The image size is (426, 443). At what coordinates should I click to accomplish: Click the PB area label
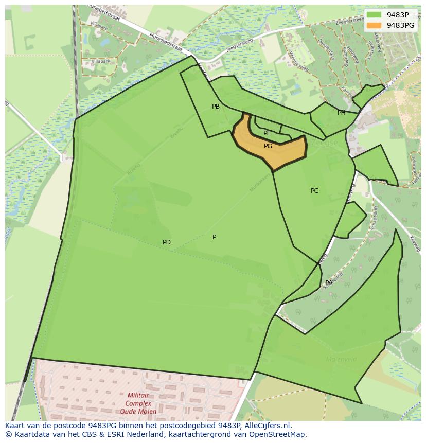click(x=216, y=107)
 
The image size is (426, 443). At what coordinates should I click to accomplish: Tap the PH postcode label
click(x=342, y=113)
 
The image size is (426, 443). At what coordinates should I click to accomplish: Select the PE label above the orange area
click(x=267, y=133)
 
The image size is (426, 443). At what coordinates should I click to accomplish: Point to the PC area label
click(x=314, y=191)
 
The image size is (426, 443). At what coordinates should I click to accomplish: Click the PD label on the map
click(x=167, y=242)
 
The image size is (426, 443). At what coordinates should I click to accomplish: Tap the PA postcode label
click(x=329, y=283)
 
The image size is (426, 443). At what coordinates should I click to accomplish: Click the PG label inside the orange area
click(x=268, y=146)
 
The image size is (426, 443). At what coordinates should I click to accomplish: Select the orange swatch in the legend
click(x=374, y=25)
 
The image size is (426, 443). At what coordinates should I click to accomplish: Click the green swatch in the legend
click(x=374, y=15)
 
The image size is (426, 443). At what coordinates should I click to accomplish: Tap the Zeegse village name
click(x=325, y=143)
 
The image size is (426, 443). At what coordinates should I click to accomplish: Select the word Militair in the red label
click(x=138, y=395)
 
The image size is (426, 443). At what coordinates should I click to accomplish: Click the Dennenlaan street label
click(x=326, y=49)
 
